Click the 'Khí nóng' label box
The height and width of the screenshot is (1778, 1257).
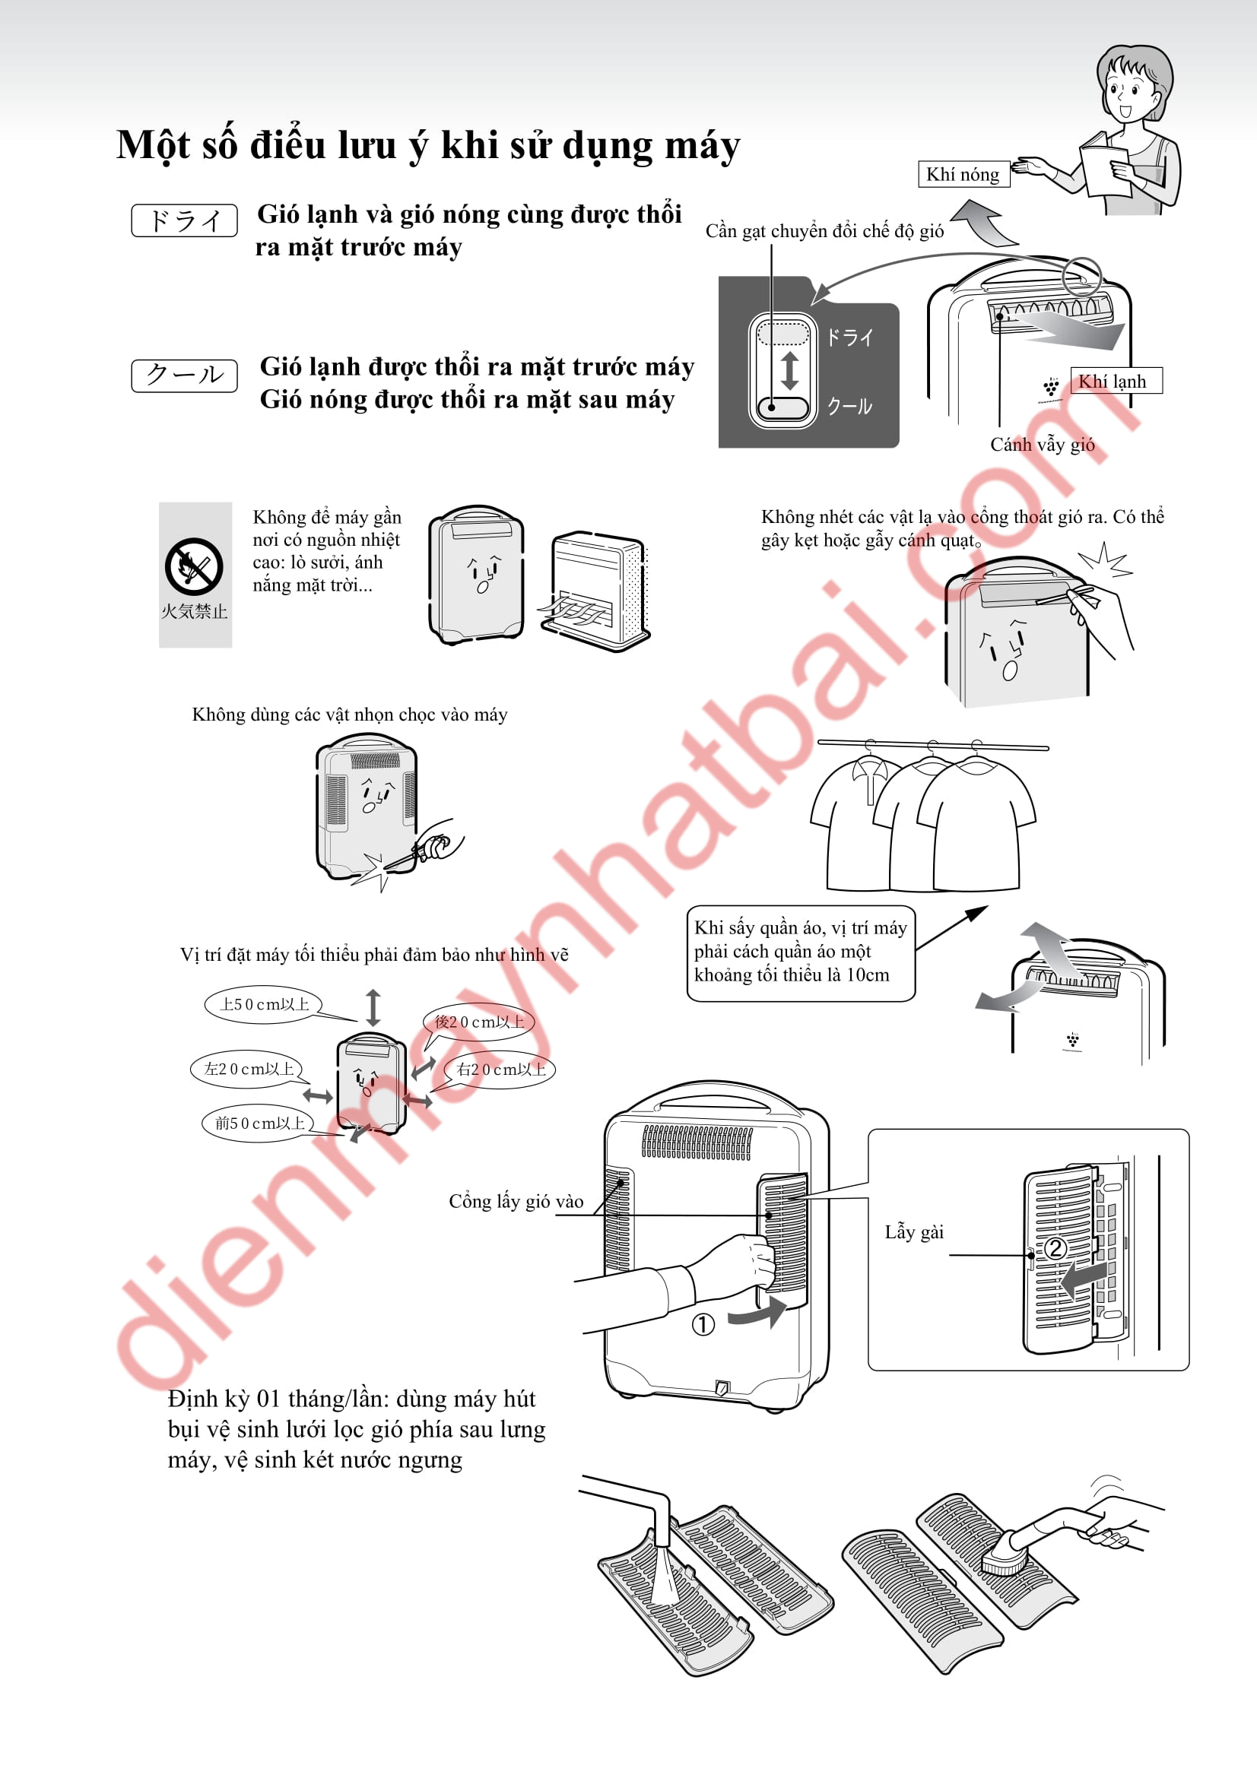tap(963, 174)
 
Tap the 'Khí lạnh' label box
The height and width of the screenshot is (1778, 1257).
tap(1116, 381)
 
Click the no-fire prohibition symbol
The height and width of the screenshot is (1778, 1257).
tap(194, 567)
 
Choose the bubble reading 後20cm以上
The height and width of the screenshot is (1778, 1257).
tap(478, 1022)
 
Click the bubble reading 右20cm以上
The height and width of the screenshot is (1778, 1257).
tap(500, 1070)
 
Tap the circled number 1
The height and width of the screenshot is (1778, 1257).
tap(703, 1325)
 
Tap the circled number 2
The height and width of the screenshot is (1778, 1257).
tap(1055, 1248)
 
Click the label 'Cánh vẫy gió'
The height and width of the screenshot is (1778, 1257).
tap(1043, 445)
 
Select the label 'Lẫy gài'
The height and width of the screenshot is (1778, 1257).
tap(914, 1232)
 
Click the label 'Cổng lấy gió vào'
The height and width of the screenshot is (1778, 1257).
tap(516, 1201)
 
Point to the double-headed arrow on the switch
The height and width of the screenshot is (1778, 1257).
tap(790, 370)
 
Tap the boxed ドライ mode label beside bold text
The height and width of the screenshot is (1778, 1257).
tap(184, 220)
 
